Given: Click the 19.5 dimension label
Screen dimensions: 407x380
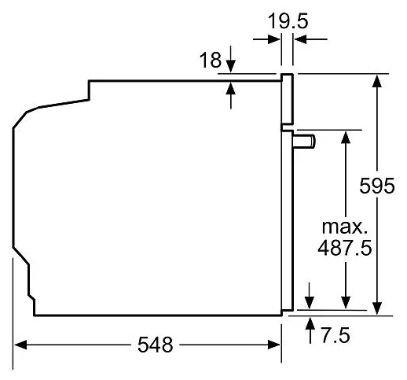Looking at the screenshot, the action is (288, 21).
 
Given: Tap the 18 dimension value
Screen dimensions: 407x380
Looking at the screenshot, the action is (211, 60).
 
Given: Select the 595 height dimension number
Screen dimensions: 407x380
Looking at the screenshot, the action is (376, 186).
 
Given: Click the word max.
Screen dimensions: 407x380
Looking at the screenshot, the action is (345, 227).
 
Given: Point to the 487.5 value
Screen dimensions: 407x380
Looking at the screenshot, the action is (345, 248).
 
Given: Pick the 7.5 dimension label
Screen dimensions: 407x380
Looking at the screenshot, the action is (335, 335).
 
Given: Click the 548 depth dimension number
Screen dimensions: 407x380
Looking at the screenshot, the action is (156, 345).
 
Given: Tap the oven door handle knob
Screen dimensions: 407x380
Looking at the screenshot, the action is (304, 142).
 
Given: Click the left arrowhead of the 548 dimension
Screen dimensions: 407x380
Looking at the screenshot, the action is (20, 345).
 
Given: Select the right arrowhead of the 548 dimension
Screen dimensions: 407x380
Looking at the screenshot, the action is (274, 345).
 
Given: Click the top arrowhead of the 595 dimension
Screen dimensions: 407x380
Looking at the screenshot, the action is (377, 81).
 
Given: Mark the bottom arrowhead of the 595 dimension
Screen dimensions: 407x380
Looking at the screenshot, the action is (377, 308).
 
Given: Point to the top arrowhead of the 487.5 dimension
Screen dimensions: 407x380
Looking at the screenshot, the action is (346, 137).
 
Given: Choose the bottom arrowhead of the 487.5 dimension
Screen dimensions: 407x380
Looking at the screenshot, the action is (346, 302).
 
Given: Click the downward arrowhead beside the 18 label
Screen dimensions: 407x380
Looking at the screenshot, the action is (231, 66).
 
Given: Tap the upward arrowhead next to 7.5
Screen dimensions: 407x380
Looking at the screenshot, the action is (310, 323).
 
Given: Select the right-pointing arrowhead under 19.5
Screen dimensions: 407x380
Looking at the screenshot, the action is (274, 39).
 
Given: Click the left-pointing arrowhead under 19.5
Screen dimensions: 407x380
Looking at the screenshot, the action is (300, 39).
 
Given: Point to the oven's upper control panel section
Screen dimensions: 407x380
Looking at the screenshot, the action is (287, 99).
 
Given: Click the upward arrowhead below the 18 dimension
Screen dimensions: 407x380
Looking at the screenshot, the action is (231, 88).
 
